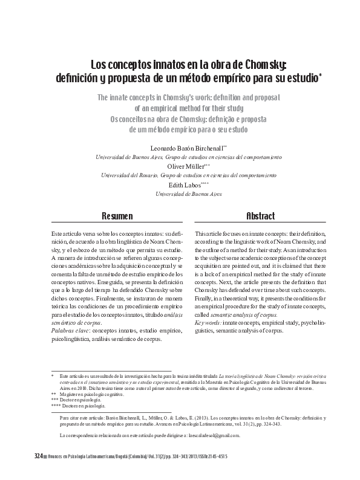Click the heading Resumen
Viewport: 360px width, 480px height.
point(117,216)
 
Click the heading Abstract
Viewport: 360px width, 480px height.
point(260,216)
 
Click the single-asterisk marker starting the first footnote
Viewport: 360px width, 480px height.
point(53,377)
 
